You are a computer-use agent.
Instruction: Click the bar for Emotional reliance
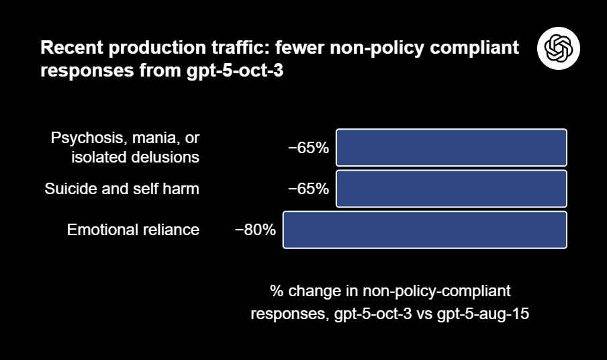[x=425, y=230]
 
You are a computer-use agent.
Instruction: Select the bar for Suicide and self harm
[x=451, y=189]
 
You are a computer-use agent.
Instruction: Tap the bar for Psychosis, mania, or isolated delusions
[x=451, y=147]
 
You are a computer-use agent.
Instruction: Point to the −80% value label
[x=255, y=230]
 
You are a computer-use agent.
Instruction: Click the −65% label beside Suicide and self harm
[x=309, y=189]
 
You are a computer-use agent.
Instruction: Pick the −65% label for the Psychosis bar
[x=309, y=148]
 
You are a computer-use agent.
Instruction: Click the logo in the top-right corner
[x=558, y=48]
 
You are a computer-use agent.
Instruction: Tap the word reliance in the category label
[x=171, y=230]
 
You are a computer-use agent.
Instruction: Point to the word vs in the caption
[x=429, y=314]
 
